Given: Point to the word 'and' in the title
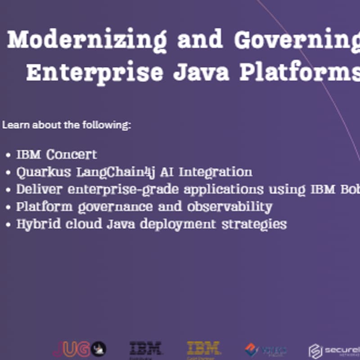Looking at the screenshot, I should [201, 40].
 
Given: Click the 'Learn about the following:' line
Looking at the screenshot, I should [67, 125].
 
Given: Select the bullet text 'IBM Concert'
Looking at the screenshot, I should [57, 155].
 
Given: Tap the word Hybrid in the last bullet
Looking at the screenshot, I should [36, 224].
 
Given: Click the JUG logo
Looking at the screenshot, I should [79, 349].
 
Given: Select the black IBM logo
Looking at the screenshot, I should [145, 348].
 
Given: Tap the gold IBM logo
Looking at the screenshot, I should [204, 348].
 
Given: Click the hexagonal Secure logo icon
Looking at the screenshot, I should [315, 351].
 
